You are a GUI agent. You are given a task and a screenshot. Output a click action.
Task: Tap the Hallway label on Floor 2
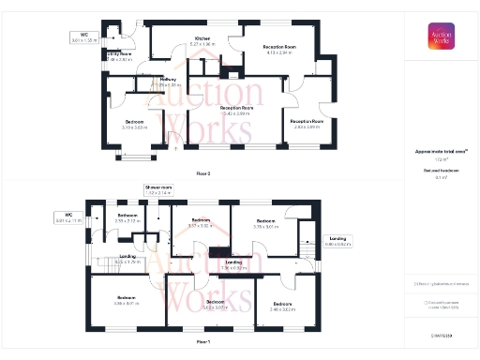tap(169, 81)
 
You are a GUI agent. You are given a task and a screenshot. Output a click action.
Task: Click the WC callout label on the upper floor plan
tap(83, 37)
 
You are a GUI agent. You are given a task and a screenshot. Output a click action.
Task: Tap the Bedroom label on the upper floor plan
tap(135, 123)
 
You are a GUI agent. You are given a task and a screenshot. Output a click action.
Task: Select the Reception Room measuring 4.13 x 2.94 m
tap(279, 48)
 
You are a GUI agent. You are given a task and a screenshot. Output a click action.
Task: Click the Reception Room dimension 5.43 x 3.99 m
tap(237, 112)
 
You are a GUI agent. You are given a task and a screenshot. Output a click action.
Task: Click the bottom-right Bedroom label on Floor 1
tap(283, 305)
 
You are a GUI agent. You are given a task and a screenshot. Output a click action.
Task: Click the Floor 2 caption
tap(203, 173)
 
